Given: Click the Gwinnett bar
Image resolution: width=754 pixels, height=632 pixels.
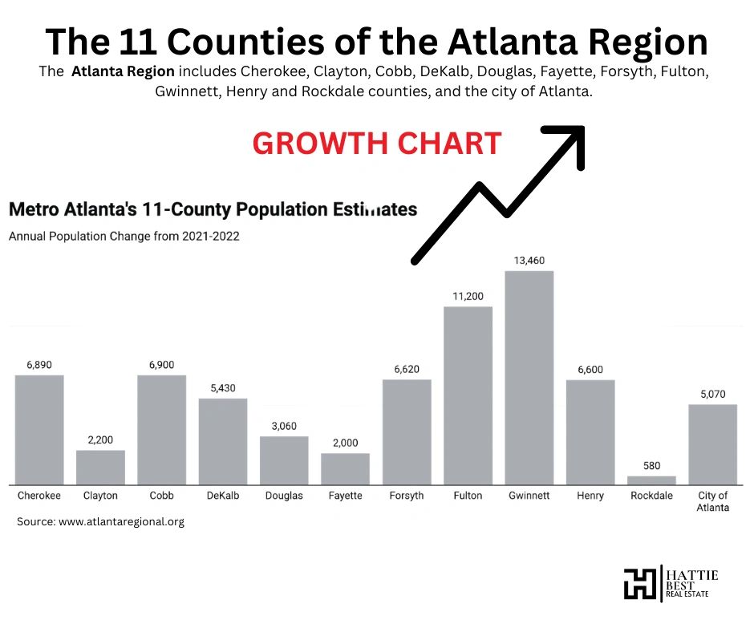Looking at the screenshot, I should tap(529, 377).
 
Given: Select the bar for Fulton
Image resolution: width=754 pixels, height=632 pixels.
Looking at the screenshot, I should tap(468, 395).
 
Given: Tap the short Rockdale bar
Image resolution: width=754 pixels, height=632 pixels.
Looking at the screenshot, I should tap(651, 480).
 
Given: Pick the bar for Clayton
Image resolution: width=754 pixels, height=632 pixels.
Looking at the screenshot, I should tap(100, 467).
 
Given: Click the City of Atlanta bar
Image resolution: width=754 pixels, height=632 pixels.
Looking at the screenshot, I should tap(712, 444).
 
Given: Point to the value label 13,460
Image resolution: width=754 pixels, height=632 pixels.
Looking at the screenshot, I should tap(529, 261).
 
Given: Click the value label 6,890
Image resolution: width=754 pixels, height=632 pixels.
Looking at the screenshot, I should tap(39, 365).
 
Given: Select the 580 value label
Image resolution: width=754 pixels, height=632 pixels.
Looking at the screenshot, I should tap(651, 466).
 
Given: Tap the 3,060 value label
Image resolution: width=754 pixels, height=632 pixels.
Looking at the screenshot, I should tap(284, 426).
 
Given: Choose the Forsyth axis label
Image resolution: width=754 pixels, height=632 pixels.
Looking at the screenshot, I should tap(406, 496).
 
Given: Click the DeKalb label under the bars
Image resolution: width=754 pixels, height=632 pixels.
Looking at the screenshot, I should tap(222, 496).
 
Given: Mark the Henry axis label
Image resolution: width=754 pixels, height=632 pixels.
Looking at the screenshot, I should tap(590, 496).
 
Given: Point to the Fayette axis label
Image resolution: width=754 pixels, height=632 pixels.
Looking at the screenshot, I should tap(345, 496).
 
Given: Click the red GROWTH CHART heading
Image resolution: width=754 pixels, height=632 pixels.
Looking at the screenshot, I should tap(377, 144).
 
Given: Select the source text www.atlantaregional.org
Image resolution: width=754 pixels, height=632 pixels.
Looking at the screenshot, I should tap(120, 521).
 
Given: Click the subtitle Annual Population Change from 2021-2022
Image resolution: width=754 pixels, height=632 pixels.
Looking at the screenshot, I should tap(124, 237).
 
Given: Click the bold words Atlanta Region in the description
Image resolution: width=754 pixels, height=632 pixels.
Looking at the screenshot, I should tap(122, 71).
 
